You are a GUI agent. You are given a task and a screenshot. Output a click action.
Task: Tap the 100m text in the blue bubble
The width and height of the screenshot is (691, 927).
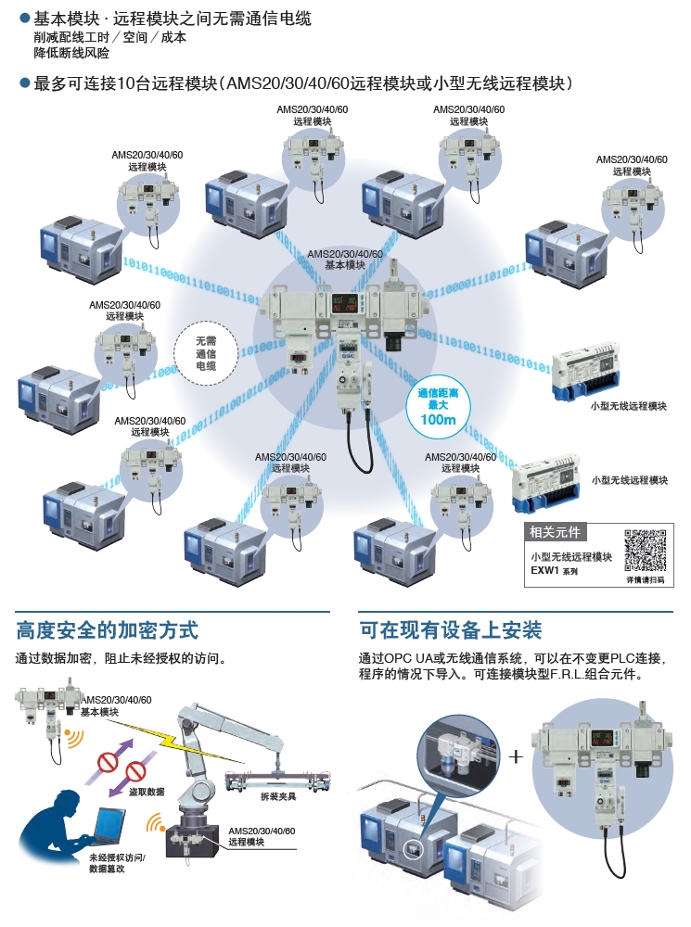[438, 420]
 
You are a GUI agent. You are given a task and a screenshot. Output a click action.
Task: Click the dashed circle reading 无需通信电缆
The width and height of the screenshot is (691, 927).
[206, 353]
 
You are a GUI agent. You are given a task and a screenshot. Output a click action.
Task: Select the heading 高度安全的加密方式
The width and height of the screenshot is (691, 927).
[108, 631]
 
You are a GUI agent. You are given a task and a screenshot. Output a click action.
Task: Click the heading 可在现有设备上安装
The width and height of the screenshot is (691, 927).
[451, 631]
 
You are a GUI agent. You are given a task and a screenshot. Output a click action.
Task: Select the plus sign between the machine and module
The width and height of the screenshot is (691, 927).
[517, 756]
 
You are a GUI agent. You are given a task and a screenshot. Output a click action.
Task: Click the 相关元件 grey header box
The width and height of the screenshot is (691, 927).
[555, 532]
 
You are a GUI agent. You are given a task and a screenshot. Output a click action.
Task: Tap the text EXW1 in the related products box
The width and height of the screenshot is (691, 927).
[544, 572]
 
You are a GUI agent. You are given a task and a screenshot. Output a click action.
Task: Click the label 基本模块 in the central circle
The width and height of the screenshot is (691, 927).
[344, 264]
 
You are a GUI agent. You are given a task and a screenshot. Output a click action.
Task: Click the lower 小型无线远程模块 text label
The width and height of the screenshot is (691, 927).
[630, 480]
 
